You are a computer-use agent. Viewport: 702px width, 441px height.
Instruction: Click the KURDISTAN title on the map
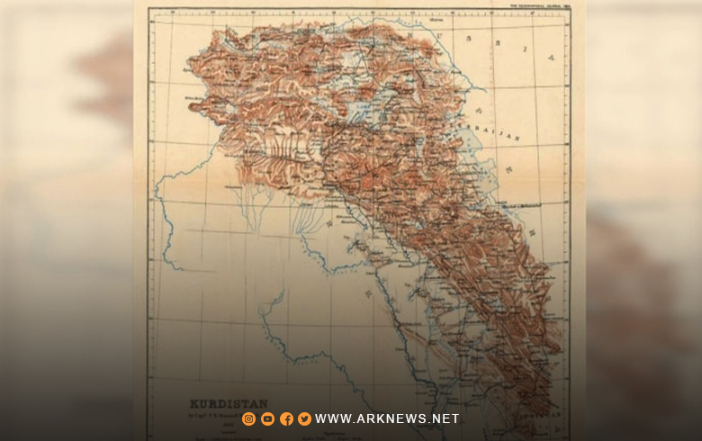tap(217, 404)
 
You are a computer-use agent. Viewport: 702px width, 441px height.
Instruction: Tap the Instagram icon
tap(249, 418)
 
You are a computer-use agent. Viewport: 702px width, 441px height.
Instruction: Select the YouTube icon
tap(267, 418)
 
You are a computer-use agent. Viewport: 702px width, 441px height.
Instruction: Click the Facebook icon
tap(286, 418)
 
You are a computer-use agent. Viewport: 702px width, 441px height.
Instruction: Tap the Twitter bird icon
tap(304, 418)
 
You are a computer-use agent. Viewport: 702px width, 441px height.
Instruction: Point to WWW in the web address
tap(332, 418)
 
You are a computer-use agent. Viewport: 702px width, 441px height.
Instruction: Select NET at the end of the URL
tap(445, 418)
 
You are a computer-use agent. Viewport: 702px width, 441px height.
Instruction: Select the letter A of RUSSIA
tap(550, 58)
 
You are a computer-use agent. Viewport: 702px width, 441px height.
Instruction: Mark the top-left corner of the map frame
tap(149, 10)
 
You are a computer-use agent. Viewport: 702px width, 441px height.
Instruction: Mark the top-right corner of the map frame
tap(570, 10)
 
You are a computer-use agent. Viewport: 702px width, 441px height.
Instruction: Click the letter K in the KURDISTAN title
tap(191, 404)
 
